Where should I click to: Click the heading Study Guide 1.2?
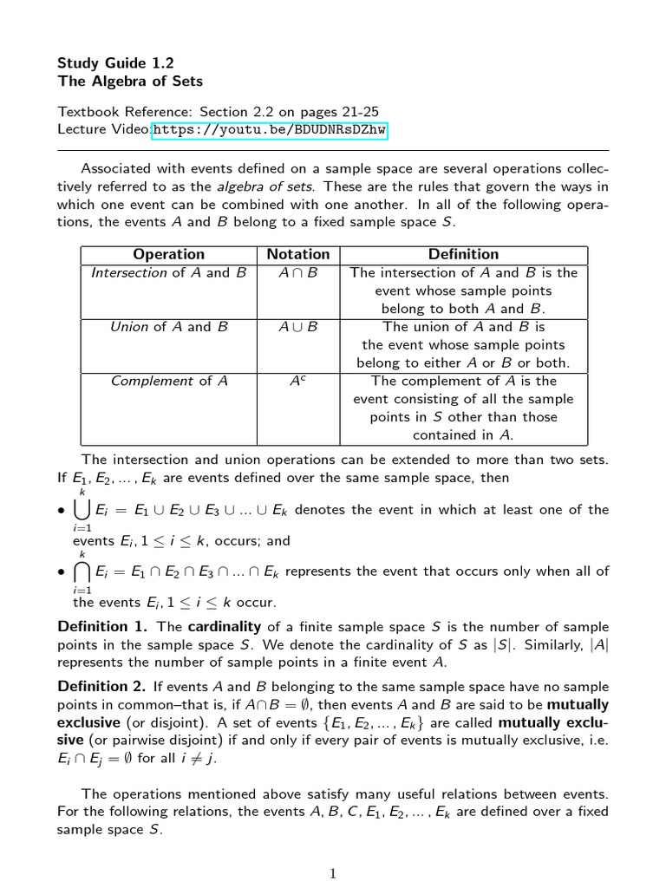(x=115, y=62)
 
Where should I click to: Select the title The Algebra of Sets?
(x=130, y=82)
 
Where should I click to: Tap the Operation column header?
(x=169, y=254)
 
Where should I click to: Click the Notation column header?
(x=298, y=254)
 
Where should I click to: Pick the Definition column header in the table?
(x=464, y=254)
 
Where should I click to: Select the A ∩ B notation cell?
(x=298, y=273)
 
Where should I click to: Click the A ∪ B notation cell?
(x=298, y=327)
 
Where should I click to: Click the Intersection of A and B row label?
(x=169, y=273)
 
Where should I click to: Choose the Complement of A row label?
(x=169, y=382)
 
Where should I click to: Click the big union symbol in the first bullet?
(x=83, y=510)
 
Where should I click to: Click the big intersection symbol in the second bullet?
(x=83, y=571)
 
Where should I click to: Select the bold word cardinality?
(x=225, y=627)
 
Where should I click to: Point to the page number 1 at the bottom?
(x=333, y=873)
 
